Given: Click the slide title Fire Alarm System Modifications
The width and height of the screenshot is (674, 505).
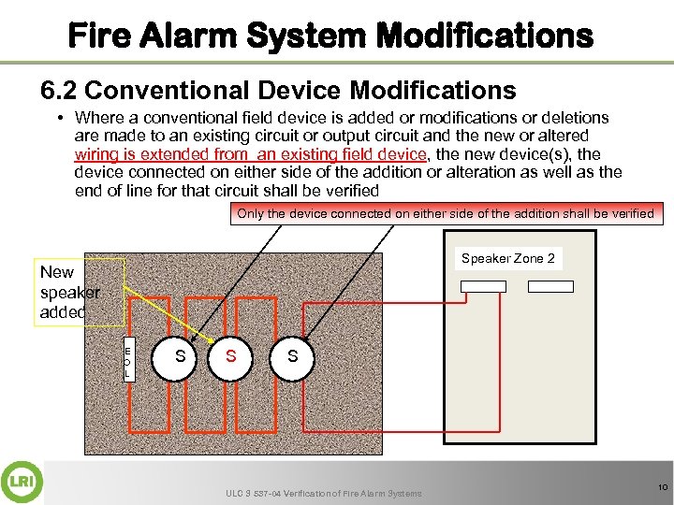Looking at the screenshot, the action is click(330, 36).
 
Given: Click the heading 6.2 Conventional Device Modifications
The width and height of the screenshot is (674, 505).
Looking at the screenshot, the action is click(278, 90).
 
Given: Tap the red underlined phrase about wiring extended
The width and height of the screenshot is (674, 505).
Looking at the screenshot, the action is click(251, 154).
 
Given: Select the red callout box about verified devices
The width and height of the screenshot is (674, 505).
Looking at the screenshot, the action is click(447, 213).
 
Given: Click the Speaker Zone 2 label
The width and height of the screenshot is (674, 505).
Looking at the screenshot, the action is click(508, 258).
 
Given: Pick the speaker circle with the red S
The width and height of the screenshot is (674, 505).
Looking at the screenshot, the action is click(230, 358).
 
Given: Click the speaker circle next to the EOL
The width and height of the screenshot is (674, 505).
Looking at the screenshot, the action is click(174, 358).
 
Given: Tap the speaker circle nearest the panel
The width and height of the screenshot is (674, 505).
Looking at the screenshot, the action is click(292, 358).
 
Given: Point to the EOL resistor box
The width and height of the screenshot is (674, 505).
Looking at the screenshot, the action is click(129, 359).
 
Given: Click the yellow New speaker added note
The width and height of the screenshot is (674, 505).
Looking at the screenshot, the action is click(80, 292).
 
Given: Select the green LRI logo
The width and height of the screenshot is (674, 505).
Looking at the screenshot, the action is click(22, 482).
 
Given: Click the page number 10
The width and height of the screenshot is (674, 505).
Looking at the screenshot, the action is click(663, 487).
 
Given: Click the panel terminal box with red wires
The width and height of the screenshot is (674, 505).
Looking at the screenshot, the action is click(483, 286).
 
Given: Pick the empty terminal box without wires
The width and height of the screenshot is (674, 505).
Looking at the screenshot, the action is click(550, 286).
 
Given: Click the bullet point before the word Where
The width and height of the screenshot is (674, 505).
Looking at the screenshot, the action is click(61, 118).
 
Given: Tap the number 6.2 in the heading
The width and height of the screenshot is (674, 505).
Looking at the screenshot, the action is click(58, 90).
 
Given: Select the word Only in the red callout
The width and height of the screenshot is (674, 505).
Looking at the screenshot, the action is click(251, 213).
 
